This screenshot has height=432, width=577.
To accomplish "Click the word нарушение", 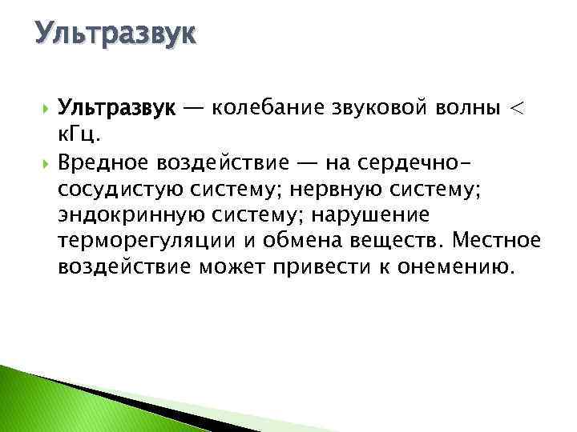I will pyautogui.click(x=372, y=215).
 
